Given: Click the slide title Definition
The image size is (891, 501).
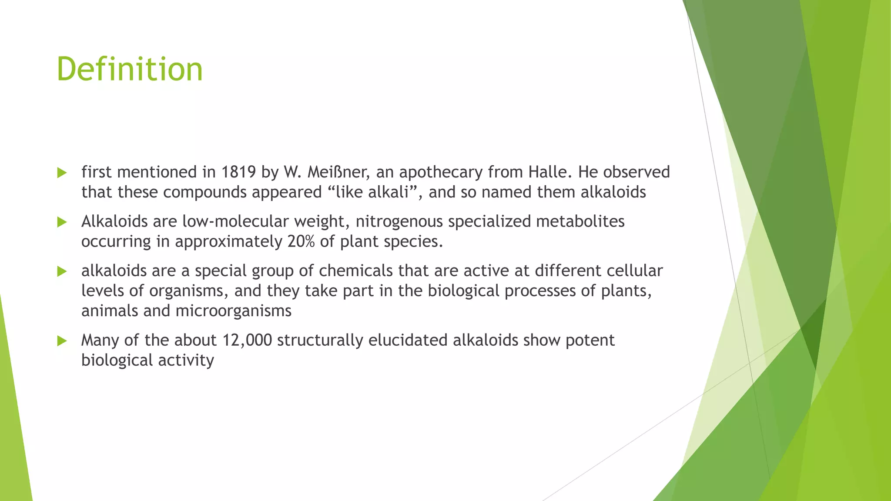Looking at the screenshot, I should click(130, 70).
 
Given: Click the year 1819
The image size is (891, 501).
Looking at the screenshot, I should click(238, 172).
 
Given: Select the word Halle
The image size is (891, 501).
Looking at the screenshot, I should click(548, 172).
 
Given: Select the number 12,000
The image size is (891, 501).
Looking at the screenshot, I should click(247, 340).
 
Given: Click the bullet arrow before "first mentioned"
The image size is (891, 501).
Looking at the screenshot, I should click(62, 173).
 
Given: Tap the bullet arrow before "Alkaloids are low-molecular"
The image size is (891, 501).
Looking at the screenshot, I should click(62, 222).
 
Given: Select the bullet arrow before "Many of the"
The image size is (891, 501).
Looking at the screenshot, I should click(62, 341).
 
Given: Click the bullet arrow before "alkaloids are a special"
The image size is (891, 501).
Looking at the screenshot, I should click(62, 271).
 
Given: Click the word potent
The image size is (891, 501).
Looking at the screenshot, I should click(590, 341).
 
